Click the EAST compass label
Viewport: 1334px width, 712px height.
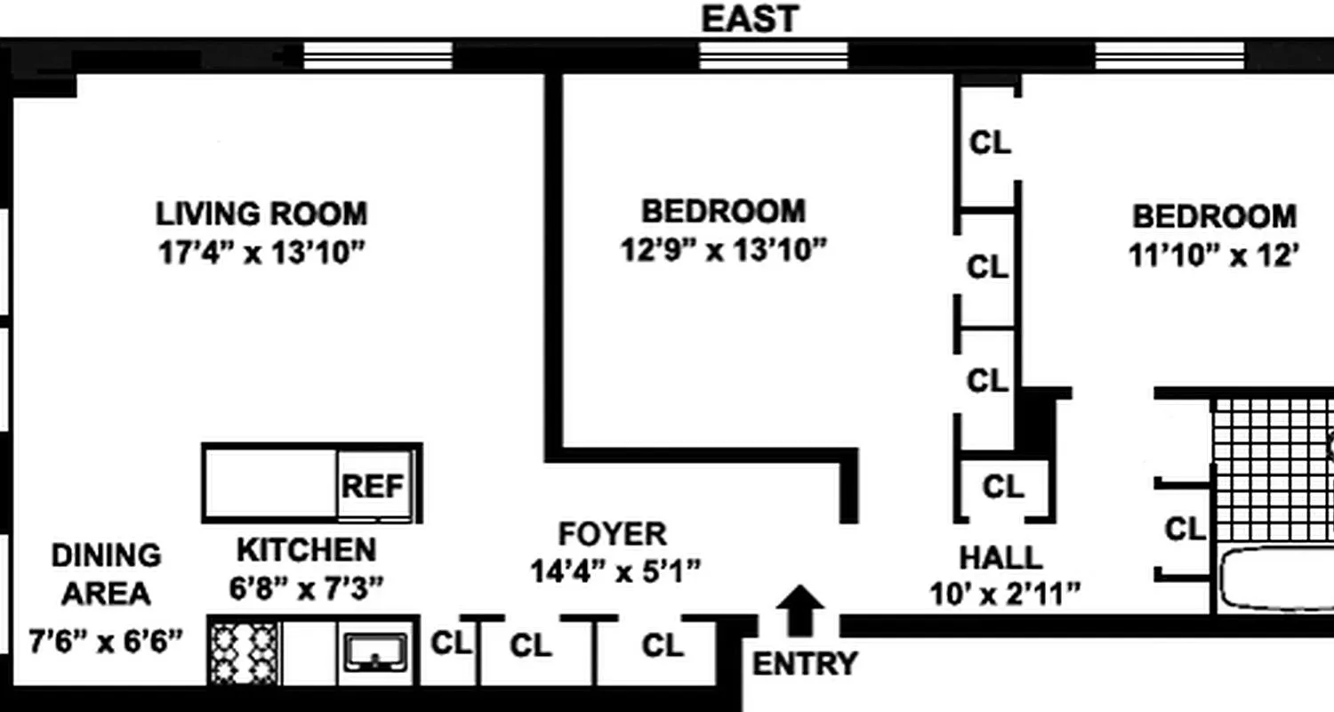tap(750, 19)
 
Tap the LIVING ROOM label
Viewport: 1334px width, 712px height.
tap(261, 214)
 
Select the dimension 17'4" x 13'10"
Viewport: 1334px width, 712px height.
tap(261, 254)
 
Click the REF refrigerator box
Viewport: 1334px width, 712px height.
tap(374, 486)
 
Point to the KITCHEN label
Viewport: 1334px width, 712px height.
tap(306, 550)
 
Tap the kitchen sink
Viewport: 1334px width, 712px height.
tap(376, 652)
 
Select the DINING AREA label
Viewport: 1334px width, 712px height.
tap(106, 574)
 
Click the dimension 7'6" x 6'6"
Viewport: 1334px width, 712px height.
tap(106, 640)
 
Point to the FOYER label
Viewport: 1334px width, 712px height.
tap(612, 534)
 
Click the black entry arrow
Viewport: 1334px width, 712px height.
tap(800, 610)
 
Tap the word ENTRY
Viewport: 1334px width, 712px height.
tap(805, 664)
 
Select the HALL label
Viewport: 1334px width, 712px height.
tap(1000, 558)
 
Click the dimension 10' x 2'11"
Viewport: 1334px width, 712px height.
tap(1005, 592)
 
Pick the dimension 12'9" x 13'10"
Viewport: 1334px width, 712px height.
tap(723, 251)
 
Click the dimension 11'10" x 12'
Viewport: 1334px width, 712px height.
tap(1214, 256)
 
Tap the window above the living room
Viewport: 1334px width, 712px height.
tap(378, 55)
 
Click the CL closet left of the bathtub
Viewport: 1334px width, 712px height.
tap(1185, 530)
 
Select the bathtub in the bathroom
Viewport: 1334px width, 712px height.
tap(1276, 578)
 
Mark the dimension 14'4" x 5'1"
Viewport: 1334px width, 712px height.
tap(615, 570)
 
